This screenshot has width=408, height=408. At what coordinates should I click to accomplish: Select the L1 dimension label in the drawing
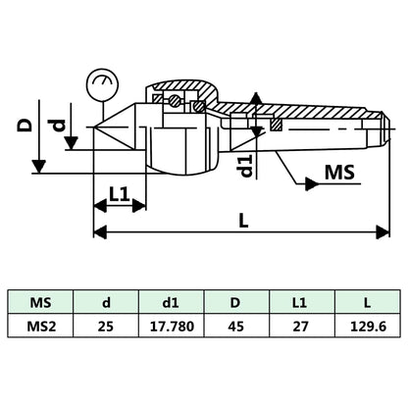[x=120, y=195]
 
